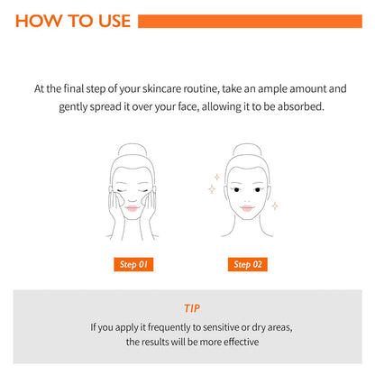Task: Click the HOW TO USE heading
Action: point(73,21)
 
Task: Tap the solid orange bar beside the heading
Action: point(250,21)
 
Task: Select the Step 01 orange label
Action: point(133,264)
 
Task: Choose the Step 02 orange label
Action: point(248,264)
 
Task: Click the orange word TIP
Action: point(192,308)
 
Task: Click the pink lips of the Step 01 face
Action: point(133,208)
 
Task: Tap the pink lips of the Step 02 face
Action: point(247,208)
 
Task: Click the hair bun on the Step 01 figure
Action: point(133,150)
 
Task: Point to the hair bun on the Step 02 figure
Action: point(247,150)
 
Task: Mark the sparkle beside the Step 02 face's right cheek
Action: point(275,206)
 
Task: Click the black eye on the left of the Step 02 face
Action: point(236,190)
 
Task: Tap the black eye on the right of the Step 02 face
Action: point(257,190)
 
